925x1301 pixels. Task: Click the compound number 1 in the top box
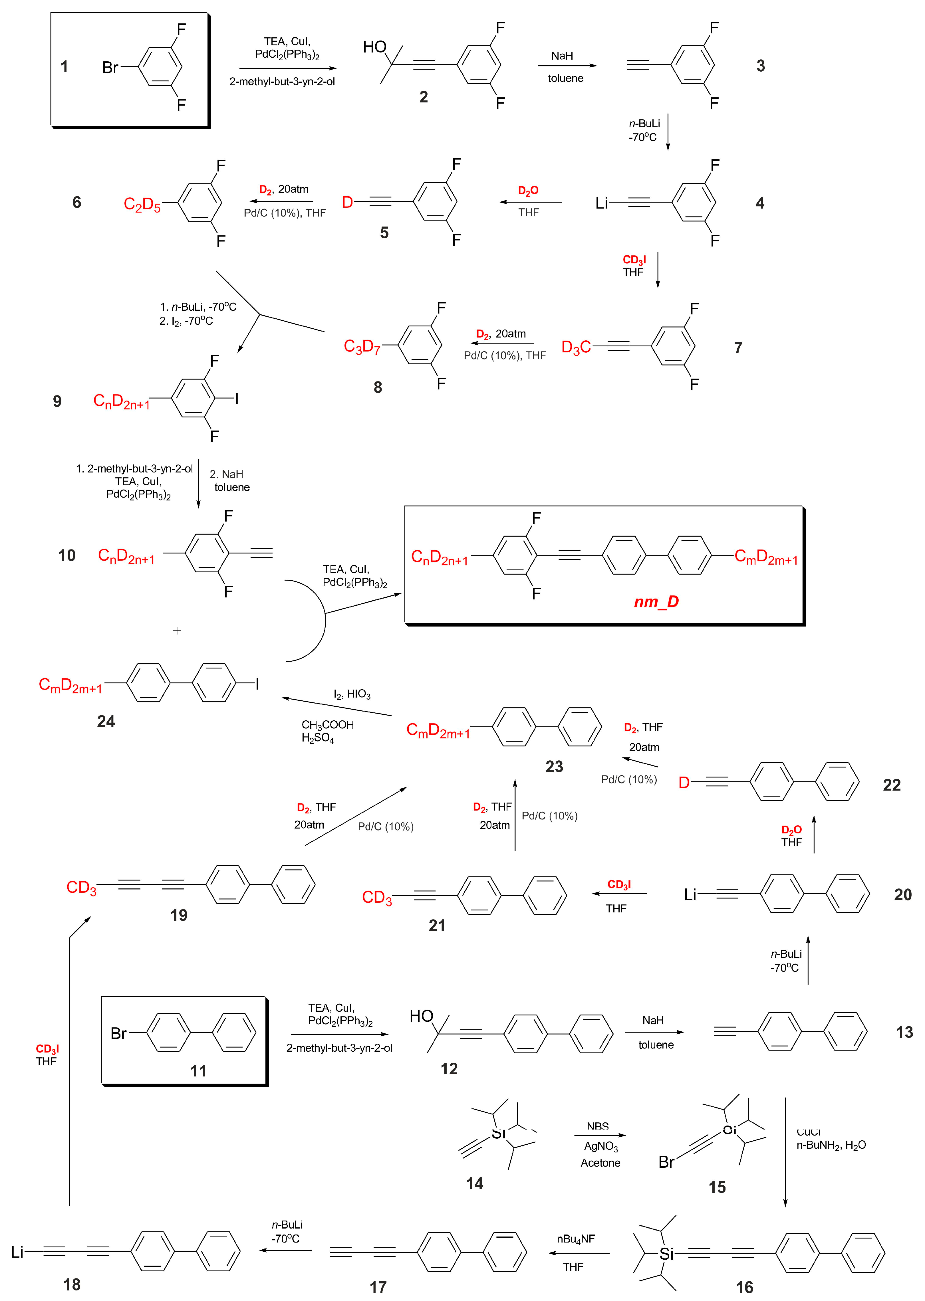[65, 66]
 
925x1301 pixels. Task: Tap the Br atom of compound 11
[118, 1033]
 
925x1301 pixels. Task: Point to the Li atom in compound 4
[601, 203]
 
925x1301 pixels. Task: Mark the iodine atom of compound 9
[236, 399]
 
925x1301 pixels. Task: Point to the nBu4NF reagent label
[576, 1239]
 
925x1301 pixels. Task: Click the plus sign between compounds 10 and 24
[177, 631]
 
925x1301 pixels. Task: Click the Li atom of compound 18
[17, 1251]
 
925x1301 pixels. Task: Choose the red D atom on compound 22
[684, 783]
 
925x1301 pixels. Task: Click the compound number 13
[904, 1032]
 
